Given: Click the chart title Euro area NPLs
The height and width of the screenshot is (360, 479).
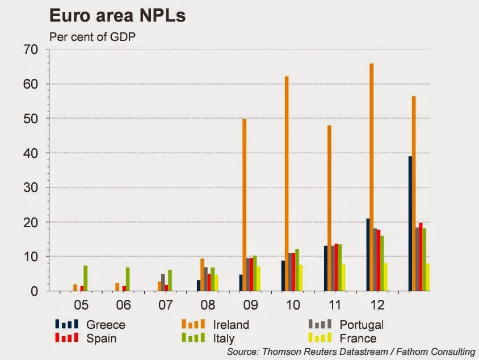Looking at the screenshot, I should tap(117, 15).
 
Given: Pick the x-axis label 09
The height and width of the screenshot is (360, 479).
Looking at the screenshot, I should tap(250, 305).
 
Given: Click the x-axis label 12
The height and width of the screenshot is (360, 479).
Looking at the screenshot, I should tap(377, 305).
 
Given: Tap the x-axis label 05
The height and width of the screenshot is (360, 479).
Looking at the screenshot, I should tap(81, 305).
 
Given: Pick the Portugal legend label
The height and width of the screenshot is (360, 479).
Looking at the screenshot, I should tap(362, 325).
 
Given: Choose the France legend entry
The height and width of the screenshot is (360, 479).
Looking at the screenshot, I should tap(358, 338).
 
